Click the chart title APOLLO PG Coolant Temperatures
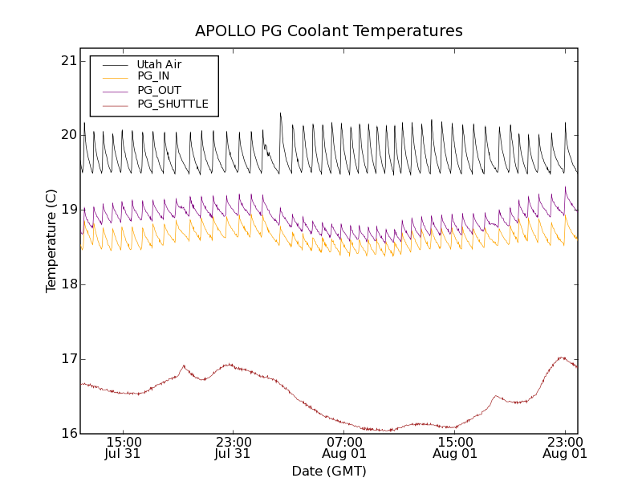tap(329, 31)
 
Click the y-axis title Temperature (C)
tap(51, 241)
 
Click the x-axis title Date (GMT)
tap(329, 471)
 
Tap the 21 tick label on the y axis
tap(67, 61)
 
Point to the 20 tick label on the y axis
tap(67, 135)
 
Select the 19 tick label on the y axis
tap(67, 210)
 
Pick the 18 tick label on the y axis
tap(67, 284)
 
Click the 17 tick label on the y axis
tap(67, 359)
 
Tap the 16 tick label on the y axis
tap(67, 434)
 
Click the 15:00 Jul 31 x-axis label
tap(124, 447)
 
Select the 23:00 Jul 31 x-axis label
tap(234, 447)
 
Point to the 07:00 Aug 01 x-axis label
tap(344, 447)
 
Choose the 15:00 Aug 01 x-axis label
tap(455, 447)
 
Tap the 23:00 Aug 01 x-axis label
tap(565, 447)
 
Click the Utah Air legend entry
tap(159, 64)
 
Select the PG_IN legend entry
tap(153, 76)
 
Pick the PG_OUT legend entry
tap(159, 90)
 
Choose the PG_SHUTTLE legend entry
tap(173, 104)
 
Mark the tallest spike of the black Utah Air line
tap(280, 113)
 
